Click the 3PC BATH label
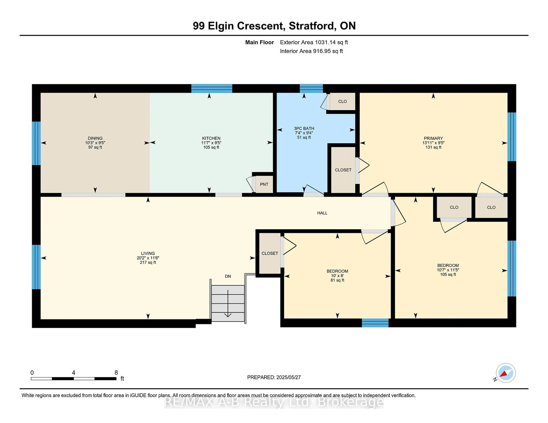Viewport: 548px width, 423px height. coord(304,128)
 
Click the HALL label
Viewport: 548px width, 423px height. coord(322,213)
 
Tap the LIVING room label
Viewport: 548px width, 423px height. coord(148,253)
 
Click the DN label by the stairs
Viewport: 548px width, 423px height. coord(228,276)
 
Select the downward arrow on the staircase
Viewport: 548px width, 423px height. coord(228,303)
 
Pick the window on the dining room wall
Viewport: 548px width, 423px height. coord(36,143)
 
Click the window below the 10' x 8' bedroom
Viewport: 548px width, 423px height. coord(375,323)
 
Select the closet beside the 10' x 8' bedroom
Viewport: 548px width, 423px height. coord(270,253)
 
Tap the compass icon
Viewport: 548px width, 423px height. coord(506,373)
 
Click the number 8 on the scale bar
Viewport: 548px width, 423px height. coord(116,373)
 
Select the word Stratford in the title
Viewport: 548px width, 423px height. coord(311,26)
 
